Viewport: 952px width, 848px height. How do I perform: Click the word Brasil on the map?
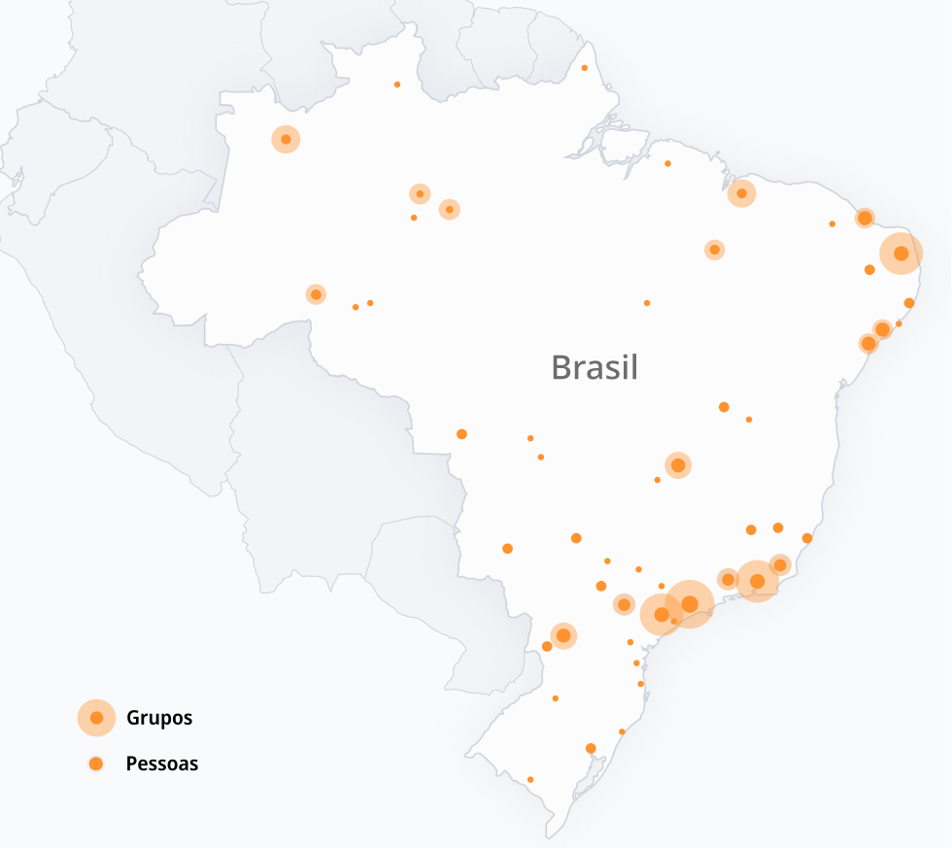pos(594,367)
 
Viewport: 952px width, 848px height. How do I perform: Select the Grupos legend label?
pos(159,719)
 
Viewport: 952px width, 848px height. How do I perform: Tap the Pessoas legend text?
pos(161,763)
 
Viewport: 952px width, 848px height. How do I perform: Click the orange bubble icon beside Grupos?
pos(96,718)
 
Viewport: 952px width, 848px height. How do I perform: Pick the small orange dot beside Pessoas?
pos(96,763)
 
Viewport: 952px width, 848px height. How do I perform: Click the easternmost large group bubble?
pos(901,254)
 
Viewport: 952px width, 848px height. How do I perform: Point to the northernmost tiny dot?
pos(585,68)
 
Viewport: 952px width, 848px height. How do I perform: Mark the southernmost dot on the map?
pos(530,779)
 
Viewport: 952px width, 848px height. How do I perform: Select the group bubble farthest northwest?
pos(286,139)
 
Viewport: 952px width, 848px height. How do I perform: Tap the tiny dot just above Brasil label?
pos(647,303)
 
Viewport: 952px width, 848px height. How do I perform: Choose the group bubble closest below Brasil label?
pos(678,466)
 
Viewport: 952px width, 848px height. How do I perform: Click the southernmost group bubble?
pos(563,635)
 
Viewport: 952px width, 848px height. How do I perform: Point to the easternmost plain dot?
pos(909,303)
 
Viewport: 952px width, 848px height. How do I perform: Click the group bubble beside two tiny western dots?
pos(316,294)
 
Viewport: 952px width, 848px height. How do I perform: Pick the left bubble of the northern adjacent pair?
pos(420,194)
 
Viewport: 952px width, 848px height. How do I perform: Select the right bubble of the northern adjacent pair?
pos(449,209)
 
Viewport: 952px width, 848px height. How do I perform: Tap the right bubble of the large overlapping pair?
pos(690,603)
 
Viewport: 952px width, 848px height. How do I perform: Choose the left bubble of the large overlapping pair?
pos(662,614)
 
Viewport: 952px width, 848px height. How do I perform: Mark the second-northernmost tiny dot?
pos(397,85)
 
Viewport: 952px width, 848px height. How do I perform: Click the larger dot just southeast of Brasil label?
pos(724,407)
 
